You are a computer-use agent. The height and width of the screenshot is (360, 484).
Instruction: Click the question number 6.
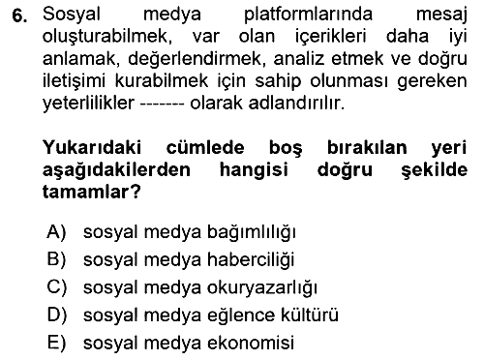[19, 15]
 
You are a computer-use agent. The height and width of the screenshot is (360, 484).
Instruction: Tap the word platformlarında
[308, 15]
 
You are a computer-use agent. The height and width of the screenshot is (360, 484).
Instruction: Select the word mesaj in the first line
[441, 15]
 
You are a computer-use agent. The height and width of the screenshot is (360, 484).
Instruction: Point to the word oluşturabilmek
[106, 37]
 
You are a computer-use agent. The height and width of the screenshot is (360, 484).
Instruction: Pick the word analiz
[299, 58]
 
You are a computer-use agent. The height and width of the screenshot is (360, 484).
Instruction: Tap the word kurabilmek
[162, 80]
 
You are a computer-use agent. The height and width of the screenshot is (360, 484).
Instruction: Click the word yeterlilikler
[88, 104]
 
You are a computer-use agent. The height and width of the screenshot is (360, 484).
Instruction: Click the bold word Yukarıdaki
[92, 147]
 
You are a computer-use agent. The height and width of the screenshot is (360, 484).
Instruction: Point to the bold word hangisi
[254, 169]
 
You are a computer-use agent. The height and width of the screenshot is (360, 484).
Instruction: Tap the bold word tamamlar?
[92, 192]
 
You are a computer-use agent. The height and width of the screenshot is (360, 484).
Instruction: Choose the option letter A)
[57, 231]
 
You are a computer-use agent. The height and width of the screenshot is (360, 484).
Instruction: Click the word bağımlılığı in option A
[252, 232]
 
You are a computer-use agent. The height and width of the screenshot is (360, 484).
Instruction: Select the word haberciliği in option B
[251, 259]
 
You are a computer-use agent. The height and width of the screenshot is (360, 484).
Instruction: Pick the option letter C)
[57, 287]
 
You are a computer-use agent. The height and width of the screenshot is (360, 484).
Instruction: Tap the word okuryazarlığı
[262, 287]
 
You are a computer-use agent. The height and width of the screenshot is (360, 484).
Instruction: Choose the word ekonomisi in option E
[251, 343]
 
